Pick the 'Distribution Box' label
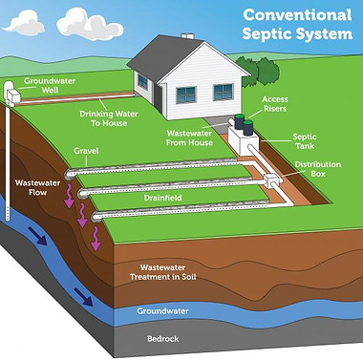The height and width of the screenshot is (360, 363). click(319, 170)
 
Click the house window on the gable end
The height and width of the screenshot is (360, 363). click(222, 93)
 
